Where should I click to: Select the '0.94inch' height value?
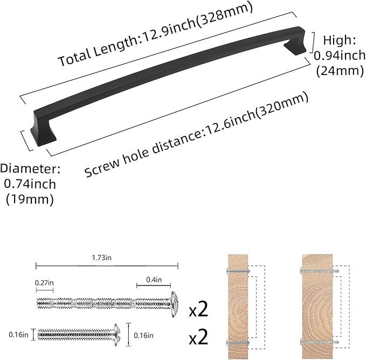340,55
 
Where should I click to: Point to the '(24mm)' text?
340,70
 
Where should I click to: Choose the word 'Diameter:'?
30,168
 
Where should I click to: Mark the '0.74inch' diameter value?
30,184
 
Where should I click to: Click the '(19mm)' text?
30,199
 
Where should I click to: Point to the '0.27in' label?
44,282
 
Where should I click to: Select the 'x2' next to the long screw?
198,310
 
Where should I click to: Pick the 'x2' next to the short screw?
198,338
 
